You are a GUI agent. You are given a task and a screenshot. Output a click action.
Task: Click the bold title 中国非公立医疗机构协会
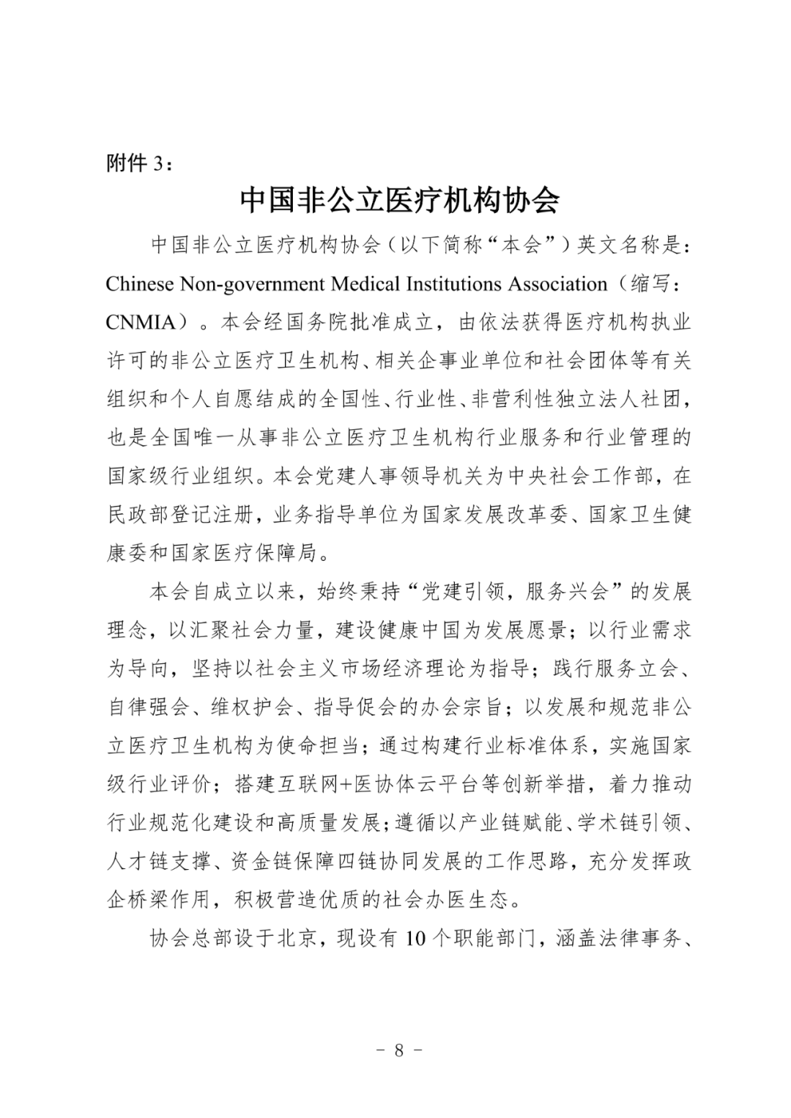[x=400, y=200]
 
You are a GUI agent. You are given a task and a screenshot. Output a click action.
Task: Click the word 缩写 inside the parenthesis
[x=649, y=283]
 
